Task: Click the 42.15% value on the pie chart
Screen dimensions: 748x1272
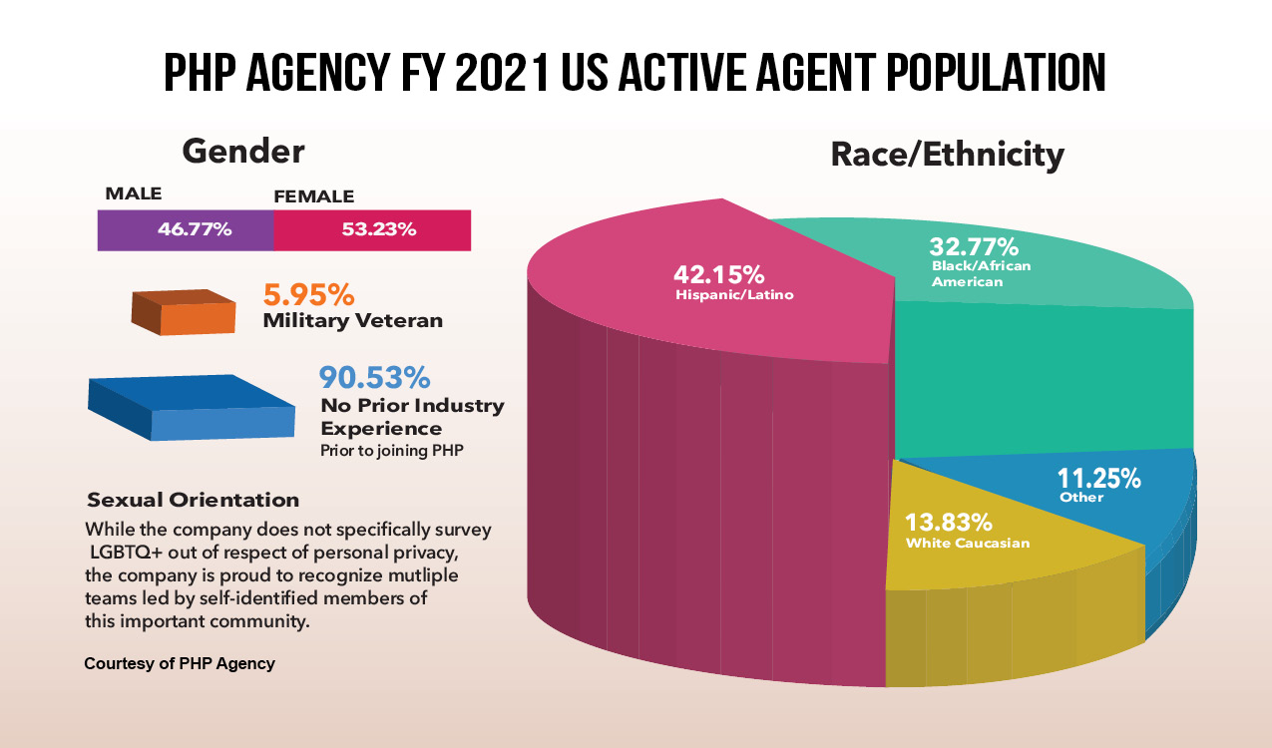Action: (718, 273)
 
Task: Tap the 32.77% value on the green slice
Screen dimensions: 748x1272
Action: (974, 246)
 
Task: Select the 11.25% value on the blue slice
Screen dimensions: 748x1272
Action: (1099, 478)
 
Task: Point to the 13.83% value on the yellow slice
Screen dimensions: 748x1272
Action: (948, 522)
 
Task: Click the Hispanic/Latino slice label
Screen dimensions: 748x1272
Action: (734, 295)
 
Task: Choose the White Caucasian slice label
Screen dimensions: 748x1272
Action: (967, 544)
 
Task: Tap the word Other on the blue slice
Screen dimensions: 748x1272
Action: (1081, 498)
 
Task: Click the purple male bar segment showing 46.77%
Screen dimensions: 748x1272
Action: (185, 229)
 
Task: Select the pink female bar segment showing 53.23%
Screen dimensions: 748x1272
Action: (372, 229)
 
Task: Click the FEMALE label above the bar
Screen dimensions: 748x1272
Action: (313, 196)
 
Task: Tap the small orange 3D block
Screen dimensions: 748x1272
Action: (184, 311)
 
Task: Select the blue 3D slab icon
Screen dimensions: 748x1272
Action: (192, 407)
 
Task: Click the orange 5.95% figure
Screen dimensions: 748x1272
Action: (308, 295)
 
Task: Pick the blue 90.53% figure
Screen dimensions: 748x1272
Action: (374, 377)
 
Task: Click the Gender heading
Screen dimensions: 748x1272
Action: (242, 151)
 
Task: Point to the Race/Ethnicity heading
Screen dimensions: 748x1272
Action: (947, 155)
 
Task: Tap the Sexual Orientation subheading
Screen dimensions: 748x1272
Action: (193, 500)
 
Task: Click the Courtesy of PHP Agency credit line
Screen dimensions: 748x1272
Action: (179, 663)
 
